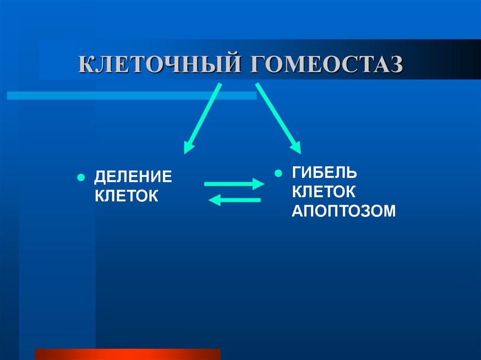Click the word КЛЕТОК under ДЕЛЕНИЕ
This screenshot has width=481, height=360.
tap(126, 196)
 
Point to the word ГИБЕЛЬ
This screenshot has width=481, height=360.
tap(325, 172)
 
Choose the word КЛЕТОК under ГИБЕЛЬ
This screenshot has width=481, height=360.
tap(324, 191)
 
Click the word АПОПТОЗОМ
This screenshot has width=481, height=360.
tap(344, 211)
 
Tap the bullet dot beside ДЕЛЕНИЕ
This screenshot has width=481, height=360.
tap(80, 178)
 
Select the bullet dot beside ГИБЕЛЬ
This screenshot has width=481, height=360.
tap(278, 173)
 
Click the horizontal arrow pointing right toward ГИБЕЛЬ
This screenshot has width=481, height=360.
tap(230, 184)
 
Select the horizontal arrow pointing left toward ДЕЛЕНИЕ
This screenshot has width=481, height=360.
tap(237, 200)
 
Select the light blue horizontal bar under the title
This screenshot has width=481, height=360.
tap(132, 95)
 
